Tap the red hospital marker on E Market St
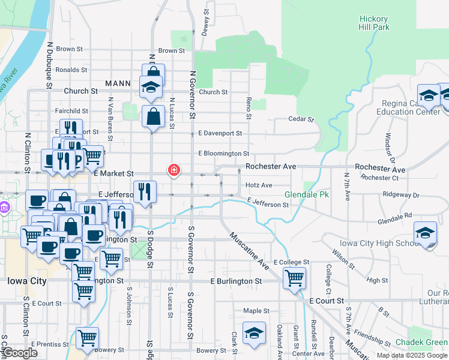(x=174, y=171)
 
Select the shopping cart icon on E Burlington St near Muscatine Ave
(x=294, y=278)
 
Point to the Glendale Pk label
(x=307, y=195)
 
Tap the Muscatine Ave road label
(x=248, y=250)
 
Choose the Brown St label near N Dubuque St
(x=70, y=49)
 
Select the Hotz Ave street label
(x=259, y=185)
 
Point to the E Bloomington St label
(x=223, y=154)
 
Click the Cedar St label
(x=301, y=119)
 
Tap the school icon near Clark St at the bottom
(x=254, y=333)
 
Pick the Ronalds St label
(x=71, y=70)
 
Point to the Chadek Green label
(x=420, y=343)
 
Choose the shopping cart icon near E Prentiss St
(x=87, y=338)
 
